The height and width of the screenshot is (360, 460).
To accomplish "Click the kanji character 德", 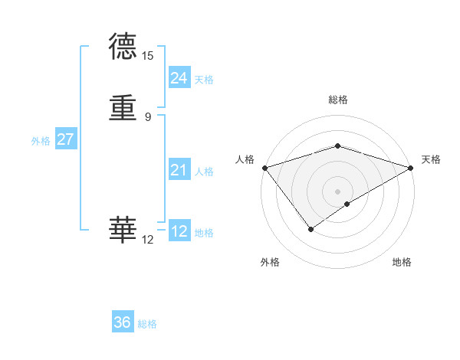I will click(123, 46).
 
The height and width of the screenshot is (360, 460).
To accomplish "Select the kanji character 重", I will click(123, 108).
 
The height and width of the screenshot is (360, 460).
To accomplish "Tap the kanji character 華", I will click(123, 228).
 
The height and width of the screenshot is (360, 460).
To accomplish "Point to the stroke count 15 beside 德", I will click(147, 56).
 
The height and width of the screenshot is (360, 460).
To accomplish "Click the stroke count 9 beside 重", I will click(147, 116).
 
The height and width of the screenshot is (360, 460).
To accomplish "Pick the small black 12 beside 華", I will click(147, 240).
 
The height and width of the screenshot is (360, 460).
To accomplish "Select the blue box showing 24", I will click(179, 78).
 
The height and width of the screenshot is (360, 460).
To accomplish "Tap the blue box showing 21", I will click(179, 170).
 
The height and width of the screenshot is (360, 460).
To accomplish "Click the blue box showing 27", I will click(66, 139).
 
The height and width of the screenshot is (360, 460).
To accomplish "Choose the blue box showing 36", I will click(123, 322).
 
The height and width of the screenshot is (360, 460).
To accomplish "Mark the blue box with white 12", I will click(179, 231).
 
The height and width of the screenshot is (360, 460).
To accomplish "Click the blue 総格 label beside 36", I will click(147, 324).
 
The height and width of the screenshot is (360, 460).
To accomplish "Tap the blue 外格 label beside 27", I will click(41, 141).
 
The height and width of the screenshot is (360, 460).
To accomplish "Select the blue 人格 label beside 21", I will click(204, 172).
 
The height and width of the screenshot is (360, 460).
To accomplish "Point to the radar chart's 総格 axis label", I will click(337, 100).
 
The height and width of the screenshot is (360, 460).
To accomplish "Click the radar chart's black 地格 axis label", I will click(402, 263).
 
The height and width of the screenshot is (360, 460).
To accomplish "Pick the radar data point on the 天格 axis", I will click(411, 168).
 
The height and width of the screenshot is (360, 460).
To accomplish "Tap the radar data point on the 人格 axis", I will click(264, 168).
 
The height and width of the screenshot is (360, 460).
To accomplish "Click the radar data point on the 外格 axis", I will click(311, 228).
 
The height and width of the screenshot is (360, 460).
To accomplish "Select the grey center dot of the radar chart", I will click(337, 191).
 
